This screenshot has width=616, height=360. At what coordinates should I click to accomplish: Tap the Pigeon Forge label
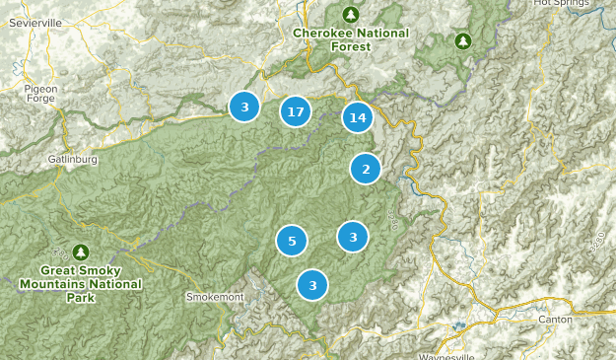point(40,95)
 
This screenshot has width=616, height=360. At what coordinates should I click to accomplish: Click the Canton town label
point(555,320)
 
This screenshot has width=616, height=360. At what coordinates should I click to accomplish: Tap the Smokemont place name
point(212,296)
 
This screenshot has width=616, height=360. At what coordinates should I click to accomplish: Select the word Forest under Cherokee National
point(350,46)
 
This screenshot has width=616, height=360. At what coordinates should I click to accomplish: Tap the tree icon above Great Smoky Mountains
point(81,252)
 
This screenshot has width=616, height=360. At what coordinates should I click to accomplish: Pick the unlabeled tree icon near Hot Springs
point(462,40)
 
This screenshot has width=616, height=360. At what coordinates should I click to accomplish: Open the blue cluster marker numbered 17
point(295,111)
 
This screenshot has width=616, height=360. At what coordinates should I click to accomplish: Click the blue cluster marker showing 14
point(357,118)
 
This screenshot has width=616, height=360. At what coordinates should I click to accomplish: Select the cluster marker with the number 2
point(366,169)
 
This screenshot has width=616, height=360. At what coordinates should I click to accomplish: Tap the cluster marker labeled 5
point(292,241)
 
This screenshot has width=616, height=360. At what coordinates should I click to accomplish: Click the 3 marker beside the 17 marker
point(244,106)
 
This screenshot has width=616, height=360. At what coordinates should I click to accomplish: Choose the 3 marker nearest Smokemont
point(312,286)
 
